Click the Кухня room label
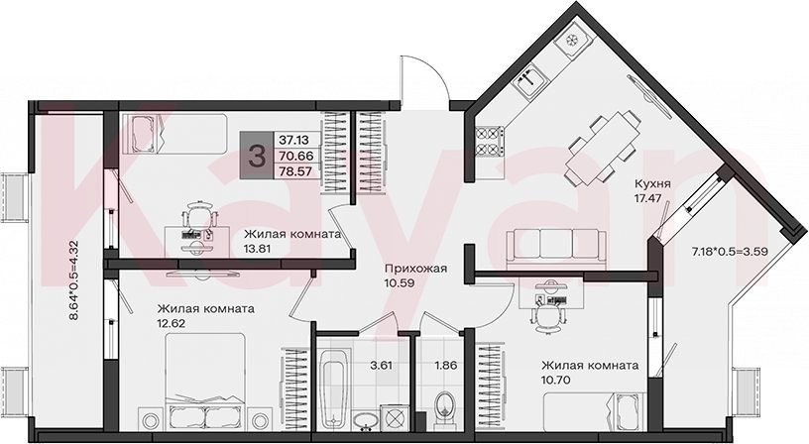point(652,183)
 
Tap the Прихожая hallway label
point(415,269)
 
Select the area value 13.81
point(258,248)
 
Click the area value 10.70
point(555,380)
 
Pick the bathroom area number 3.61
point(382,366)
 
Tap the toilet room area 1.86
point(446,366)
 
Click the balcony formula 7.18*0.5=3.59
point(730,252)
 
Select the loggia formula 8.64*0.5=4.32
point(73,281)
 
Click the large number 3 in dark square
point(257,156)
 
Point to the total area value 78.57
point(295,171)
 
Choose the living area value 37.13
point(293,139)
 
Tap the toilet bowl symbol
point(444,408)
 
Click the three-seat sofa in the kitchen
point(556,249)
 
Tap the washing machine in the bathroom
point(395,417)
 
